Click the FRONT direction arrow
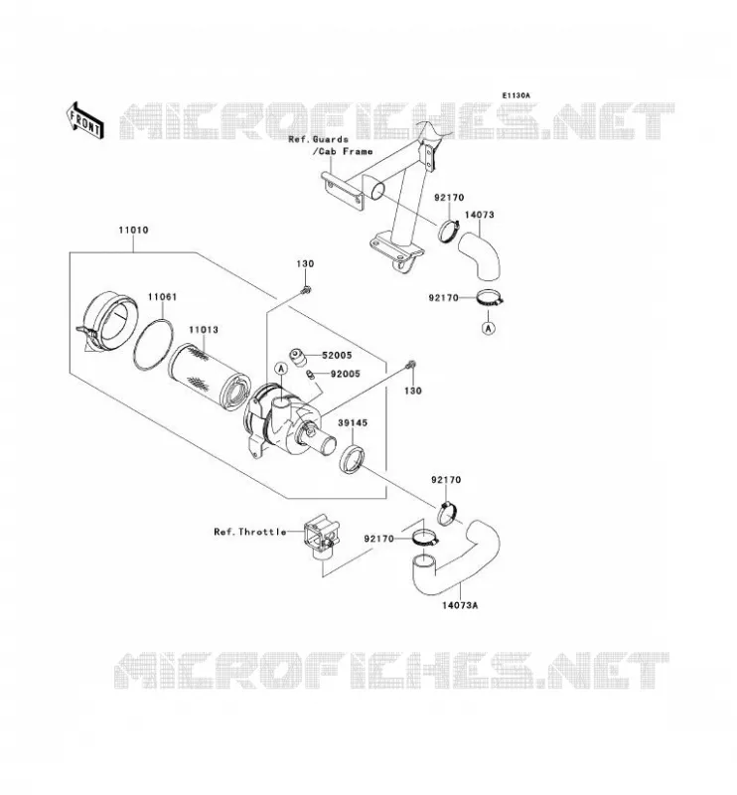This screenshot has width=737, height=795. coord(84,120)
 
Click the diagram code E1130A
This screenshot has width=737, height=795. coord(516,95)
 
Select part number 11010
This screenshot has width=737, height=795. coord(133,230)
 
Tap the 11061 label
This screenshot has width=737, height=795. coord(162,296)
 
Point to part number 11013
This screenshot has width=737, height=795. coord(204,330)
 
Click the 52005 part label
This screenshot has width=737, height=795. coord(337,356)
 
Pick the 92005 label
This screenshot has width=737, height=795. coord(346,374)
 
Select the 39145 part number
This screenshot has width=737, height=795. coord(353,422)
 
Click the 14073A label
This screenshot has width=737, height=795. coord(460,605)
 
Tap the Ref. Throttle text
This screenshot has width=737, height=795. coord(250,532)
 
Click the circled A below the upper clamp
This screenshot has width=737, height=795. coord(488,329)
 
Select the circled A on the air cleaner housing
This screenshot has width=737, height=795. coord(281,369)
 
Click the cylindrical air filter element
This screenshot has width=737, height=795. coord(208,377)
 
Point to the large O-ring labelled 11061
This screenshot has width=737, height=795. coord(153,344)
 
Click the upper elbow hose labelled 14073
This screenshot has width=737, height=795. coord(480,255)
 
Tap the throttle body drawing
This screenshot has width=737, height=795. coord(321,539)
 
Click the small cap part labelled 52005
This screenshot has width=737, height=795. coord(299,356)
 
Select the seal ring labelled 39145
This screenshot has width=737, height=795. coord(353,458)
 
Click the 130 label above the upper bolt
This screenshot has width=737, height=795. coord(305,263)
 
